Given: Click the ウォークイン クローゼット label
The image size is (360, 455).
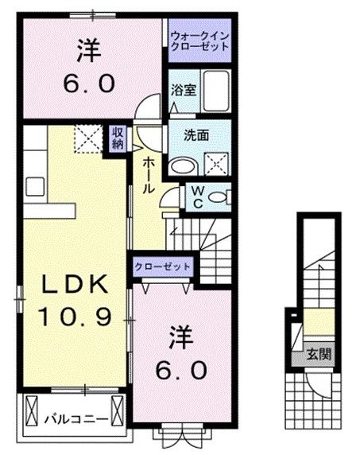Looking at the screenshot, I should coord(199,41).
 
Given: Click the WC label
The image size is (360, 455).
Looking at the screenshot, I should coord(195,195).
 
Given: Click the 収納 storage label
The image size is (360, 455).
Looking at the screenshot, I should coord(118,138).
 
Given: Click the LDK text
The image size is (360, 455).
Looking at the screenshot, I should coord(70,284).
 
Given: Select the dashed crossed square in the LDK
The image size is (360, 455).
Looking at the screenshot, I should coord(87,138).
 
